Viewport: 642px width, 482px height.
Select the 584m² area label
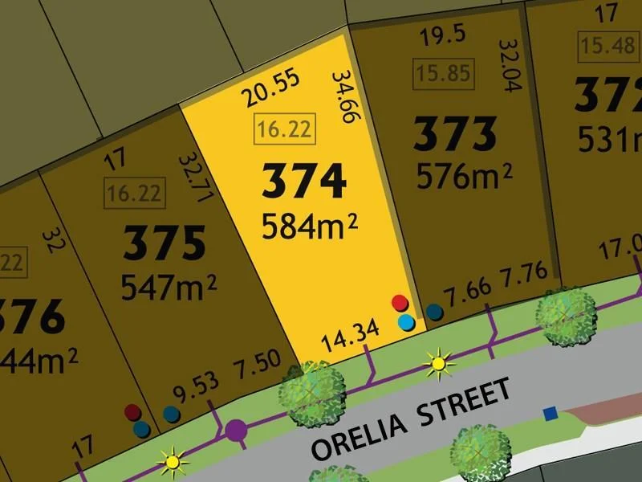pos(309,227)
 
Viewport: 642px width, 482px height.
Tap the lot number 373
pos(455,134)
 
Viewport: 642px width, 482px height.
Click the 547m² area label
pos(168,286)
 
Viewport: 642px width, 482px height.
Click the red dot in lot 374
pos(399,303)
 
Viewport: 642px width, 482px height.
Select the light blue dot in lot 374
pos(407,322)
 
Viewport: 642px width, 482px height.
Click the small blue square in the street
pos(551,414)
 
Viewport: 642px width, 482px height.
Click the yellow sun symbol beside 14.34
pos(438,364)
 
